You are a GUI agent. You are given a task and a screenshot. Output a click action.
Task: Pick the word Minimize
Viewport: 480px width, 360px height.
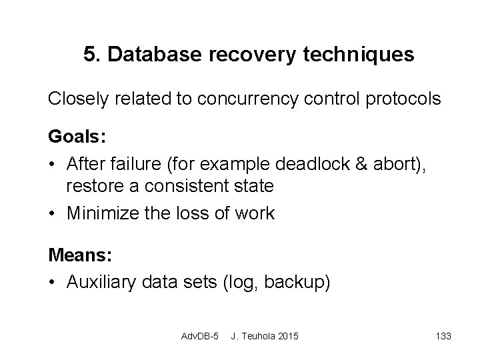click(x=97, y=213)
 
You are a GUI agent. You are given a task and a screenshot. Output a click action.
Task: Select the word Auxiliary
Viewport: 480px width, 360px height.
click(x=97, y=282)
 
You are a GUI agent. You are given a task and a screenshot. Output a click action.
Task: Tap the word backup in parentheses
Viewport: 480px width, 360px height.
click(x=296, y=282)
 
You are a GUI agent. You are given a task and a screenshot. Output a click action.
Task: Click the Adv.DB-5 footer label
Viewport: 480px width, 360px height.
click(x=200, y=335)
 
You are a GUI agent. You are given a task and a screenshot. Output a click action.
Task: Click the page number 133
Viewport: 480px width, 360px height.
click(x=442, y=335)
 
